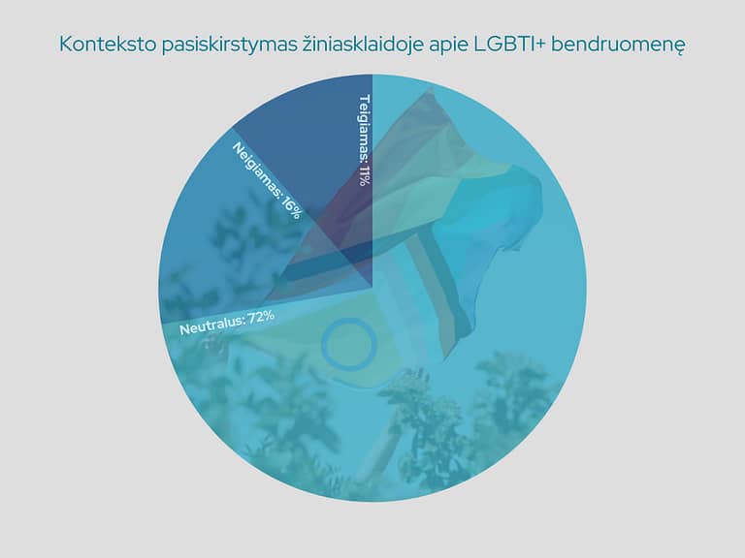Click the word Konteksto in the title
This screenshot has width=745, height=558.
coord(108,45)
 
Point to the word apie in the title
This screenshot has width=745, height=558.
coord(448,46)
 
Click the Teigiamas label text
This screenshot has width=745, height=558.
coord(364,128)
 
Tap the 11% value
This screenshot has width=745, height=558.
coord(364,175)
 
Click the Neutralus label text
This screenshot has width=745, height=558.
coord(211,325)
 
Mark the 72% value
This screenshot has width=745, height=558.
coord(261,316)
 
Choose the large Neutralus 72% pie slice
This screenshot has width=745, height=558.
coord(428,356)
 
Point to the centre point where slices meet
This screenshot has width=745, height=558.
coord(372,288)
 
